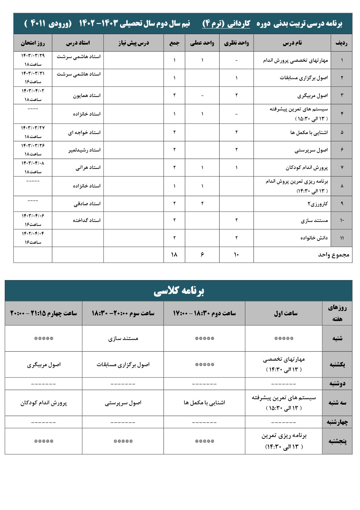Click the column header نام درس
[x=292, y=43]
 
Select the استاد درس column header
[x=78, y=43]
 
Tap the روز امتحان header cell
[x=33, y=43]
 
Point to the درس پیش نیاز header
[x=134, y=43]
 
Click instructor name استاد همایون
[x=87, y=96]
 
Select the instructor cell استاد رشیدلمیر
[x=85, y=150]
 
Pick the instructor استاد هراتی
[x=88, y=167]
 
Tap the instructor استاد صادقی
[x=87, y=204]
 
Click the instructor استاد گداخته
[x=87, y=220]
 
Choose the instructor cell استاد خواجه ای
[x=84, y=133]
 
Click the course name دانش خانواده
[x=314, y=238]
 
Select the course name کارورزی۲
[x=318, y=204]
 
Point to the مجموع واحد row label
[x=334, y=255]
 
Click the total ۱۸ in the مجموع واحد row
[x=174, y=255]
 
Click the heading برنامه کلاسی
[x=179, y=291]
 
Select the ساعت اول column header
[x=286, y=313]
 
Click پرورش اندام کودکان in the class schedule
[x=44, y=403]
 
